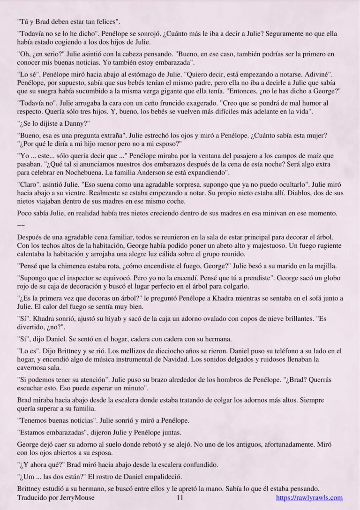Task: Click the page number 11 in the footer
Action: click(180, 498)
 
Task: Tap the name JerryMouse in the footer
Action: click(78, 498)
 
